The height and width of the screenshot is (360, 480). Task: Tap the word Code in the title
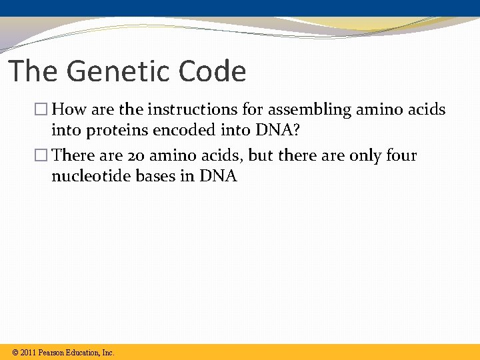[213, 71]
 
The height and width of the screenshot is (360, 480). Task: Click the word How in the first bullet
[67, 109]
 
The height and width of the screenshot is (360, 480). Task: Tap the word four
[401, 156]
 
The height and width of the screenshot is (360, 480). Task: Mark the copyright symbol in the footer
[15, 353]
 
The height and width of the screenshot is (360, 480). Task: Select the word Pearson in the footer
[52, 353]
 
